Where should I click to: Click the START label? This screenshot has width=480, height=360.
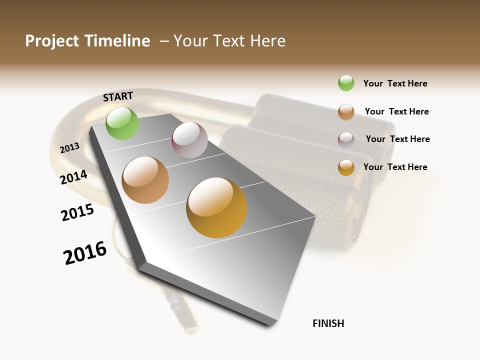118,96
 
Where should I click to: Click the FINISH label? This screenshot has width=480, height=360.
328,323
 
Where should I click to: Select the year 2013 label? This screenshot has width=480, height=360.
69,147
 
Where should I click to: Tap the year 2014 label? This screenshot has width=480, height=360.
74,177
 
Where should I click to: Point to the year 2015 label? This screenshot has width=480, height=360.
77,212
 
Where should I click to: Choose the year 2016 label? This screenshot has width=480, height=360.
85,253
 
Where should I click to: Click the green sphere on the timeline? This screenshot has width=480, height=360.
122,123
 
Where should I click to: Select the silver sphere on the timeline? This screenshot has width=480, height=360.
189,140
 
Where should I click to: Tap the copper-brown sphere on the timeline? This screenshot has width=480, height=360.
145,180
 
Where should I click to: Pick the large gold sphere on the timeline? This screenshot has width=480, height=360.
216,207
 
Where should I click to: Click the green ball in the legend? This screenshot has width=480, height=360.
346,83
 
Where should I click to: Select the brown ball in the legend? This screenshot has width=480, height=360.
346,112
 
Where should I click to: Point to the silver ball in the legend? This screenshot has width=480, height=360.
346,140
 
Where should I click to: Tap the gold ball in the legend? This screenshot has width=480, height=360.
346,167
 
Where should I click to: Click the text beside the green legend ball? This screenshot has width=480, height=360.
395,83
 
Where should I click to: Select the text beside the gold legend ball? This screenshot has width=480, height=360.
395,167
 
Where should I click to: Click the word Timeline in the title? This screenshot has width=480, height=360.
117,41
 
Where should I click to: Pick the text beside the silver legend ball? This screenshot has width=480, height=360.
397,139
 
